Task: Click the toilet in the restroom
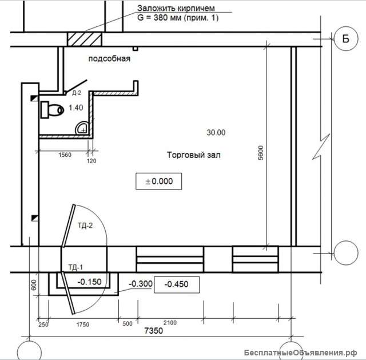click(52, 110)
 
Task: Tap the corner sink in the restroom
click(81, 128)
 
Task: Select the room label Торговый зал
click(193, 155)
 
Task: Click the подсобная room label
click(109, 58)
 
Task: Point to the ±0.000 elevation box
click(159, 181)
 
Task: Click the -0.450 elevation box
click(177, 284)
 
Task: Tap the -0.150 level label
click(89, 282)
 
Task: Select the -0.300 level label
click(141, 284)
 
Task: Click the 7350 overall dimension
click(154, 331)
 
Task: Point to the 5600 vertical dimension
click(261, 153)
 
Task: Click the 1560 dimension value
click(65, 155)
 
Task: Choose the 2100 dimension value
click(170, 323)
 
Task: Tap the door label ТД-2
click(85, 226)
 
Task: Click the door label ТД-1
click(75, 267)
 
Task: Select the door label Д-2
click(77, 93)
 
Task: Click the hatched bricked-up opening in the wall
click(85, 39)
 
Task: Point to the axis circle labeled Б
click(345, 38)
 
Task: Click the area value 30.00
click(216, 133)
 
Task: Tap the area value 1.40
click(76, 108)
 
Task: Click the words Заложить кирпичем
click(176, 9)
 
